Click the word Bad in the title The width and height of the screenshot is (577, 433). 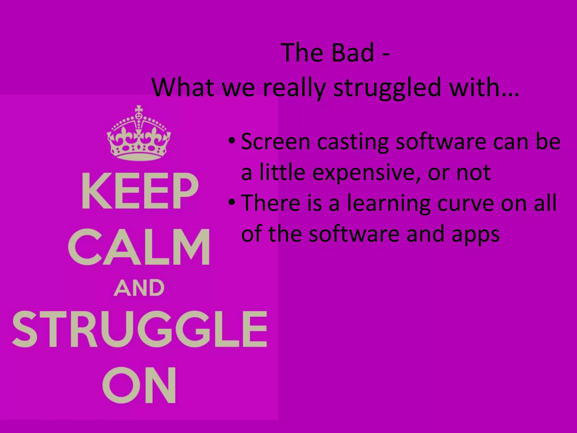click(x=352, y=53)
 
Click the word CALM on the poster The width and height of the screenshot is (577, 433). click(x=139, y=247)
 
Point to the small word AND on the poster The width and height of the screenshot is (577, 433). click(x=139, y=288)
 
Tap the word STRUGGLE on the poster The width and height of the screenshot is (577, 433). click(x=139, y=329)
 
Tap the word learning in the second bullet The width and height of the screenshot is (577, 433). click(x=389, y=204)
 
